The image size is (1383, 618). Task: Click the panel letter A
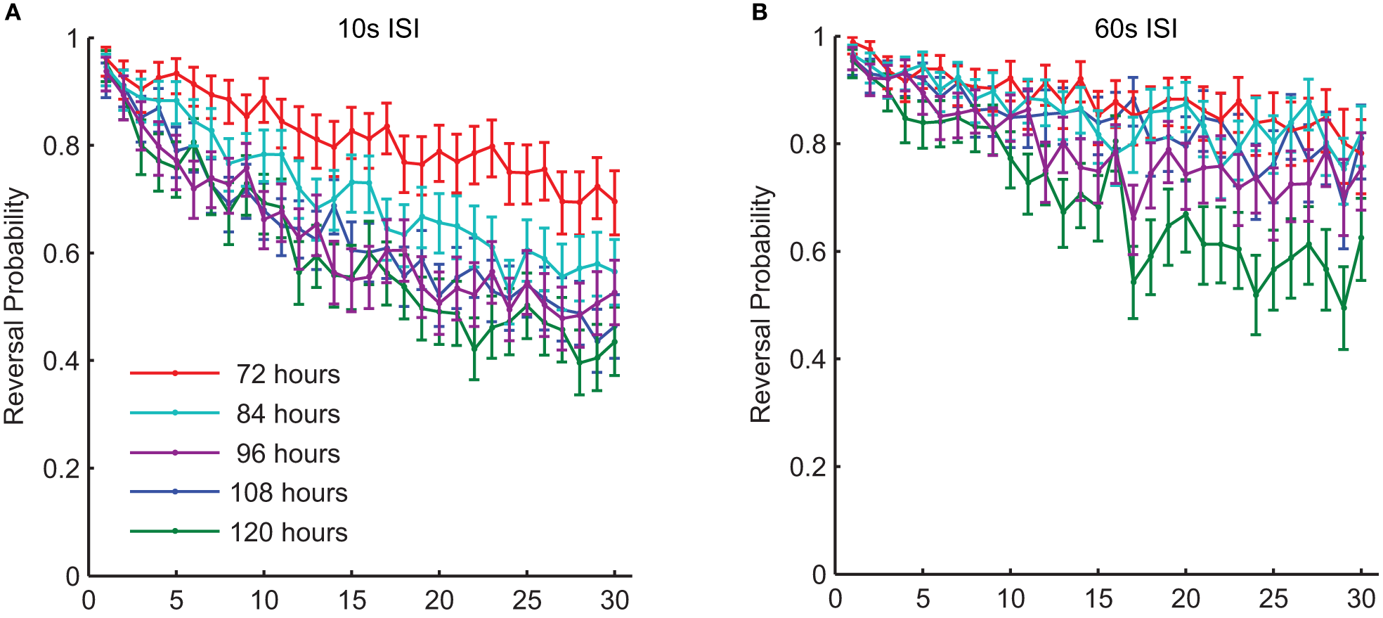click(x=13, y=12)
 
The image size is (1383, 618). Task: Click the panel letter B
click(x=760, y=12)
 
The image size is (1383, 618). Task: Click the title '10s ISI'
click(x=379, y=29)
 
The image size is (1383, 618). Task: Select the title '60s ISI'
click(x=1136, y=29)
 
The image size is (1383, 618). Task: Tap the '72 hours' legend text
click(x=288, y=374)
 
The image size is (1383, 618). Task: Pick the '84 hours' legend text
click(x=288, y=413)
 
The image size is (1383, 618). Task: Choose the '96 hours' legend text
click(x=288, y=453)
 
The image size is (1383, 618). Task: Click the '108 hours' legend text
click(x=289, y=493)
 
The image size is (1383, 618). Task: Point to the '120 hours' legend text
click(x=289, y=532)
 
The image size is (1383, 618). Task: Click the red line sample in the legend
click(x=175, y=373)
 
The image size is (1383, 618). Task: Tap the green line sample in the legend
click(x=175, y=531)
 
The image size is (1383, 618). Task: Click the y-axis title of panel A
click(x=15, y=306)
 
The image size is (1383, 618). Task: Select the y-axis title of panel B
click(x=761, y=304)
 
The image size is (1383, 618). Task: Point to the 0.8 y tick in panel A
click(x=61, y=146)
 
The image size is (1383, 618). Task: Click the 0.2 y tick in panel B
click(x=807, y=466)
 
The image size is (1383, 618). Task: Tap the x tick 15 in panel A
click(x=351, y=600)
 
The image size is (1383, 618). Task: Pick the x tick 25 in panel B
click(x=1273, y=598)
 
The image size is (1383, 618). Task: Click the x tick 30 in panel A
click(x=615, y=600)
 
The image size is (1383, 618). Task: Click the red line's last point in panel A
click(x=615, y=201)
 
